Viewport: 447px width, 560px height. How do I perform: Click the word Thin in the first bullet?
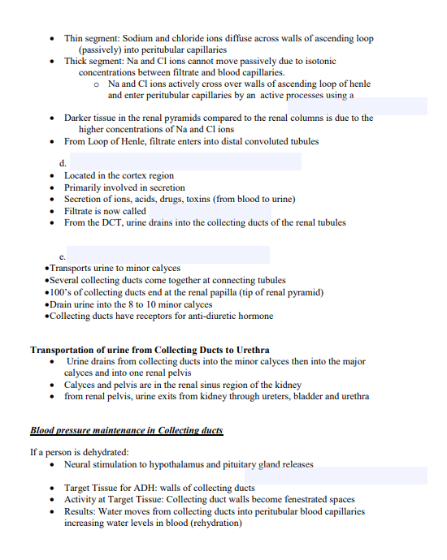tap(74, 38)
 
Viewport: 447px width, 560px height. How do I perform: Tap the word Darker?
tap(80, 118)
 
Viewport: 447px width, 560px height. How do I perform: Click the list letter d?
tap(63, 163)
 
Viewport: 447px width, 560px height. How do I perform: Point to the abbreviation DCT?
tap(115, 222)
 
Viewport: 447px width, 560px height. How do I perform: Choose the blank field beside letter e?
tap(167, 255)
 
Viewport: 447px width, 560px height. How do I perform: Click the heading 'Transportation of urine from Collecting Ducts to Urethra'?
tap(150, 350)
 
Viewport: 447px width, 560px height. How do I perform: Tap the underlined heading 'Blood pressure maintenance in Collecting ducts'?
tap(126, 430)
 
